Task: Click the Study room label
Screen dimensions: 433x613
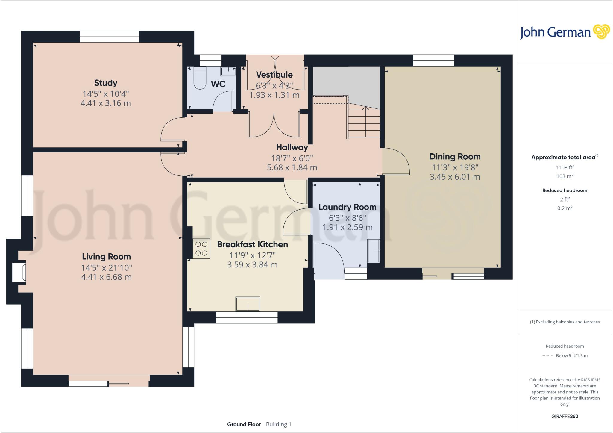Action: tap(106, 83)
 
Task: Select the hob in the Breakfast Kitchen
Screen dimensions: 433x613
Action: tap(201, 249)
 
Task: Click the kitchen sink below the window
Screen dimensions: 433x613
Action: tap(248, 304)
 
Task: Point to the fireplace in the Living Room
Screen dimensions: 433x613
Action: tap(19, 272)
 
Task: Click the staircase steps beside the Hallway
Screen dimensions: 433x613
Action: tap(364, 123)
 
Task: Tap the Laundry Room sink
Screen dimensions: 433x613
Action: tap(373, 251)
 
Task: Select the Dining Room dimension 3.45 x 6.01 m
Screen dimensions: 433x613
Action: tap(455, 177)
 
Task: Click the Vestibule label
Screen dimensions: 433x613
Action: tap(274, 75)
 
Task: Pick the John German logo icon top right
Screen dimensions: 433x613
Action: tap(601, 32)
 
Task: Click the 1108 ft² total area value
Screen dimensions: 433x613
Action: tap(565, 167)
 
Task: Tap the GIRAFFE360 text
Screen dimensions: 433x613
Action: tap(565, 416)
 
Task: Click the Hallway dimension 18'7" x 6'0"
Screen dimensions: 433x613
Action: tap(292, 158)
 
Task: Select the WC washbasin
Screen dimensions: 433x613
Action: tap(228, 71)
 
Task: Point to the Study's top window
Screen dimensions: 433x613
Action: tap(109, 37)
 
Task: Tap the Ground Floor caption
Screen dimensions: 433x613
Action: tap(244, 424)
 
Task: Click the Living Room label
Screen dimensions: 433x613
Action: tap(106, 257)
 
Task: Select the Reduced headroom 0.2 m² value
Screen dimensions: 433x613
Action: tap(565, 208)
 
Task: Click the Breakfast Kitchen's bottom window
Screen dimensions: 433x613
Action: tap(247, 317)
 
